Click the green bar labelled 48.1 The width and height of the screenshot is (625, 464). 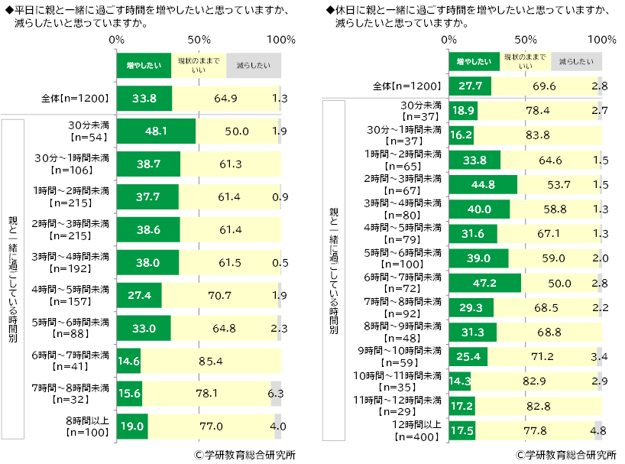click(156, 131)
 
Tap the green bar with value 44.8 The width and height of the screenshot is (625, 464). click(483, 184)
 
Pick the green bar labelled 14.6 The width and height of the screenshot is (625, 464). click(128, 360)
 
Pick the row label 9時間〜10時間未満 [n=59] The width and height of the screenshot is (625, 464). click(405, 356)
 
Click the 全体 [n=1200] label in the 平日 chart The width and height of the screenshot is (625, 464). click(76, 98)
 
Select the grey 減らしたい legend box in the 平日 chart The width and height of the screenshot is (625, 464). click(253, 65)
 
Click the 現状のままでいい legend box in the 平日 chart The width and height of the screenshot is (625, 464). click(198, 65)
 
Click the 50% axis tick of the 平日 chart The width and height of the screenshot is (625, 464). click(199, 38)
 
